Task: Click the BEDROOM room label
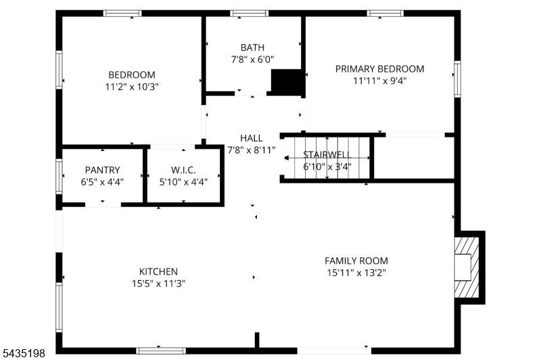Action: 132,74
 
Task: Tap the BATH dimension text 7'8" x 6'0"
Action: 252,60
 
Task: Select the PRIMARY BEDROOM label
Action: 380,69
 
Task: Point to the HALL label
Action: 252,138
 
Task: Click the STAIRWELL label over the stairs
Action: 327,155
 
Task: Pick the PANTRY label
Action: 103,170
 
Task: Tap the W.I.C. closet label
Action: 183,170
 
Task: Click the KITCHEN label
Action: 158,271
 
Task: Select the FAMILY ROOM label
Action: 356,261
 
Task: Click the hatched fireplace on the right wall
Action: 467,267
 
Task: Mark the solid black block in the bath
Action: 286,81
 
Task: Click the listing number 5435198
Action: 24,353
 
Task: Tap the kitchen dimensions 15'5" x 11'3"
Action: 158,284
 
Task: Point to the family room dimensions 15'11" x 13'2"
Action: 356,273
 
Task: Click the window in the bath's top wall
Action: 250,14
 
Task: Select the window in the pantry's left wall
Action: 59,176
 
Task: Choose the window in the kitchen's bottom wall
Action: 161,351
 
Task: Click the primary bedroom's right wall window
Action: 458,79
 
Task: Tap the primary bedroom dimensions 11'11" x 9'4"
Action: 380,81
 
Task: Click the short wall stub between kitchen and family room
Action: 257,340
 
